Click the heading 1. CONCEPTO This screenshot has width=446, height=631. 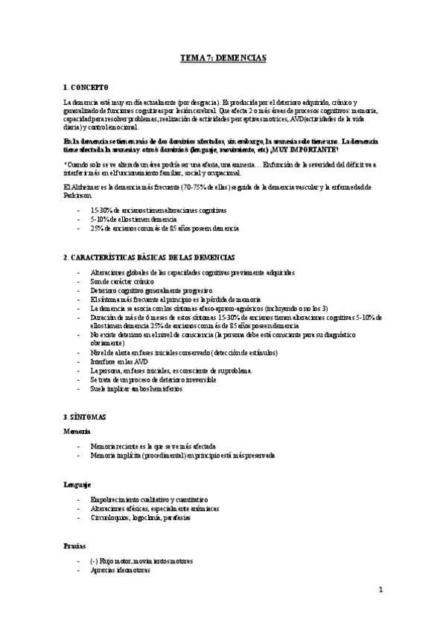[x=86, y=87]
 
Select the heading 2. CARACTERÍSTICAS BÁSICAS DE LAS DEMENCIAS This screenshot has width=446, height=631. [x=150, y=257]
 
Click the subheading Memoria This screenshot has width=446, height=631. [x=77, y=431]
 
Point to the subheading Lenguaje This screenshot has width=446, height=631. [x=78, y=484]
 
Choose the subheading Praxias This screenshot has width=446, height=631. [x=75, y=545]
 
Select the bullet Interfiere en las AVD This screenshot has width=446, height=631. [x=119, y=361]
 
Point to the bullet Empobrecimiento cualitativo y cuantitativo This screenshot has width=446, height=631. [x=149, y=499]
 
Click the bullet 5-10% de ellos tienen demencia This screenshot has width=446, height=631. [x=133, y=220]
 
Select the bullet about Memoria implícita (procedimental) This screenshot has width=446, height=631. [x=182, y=455]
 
